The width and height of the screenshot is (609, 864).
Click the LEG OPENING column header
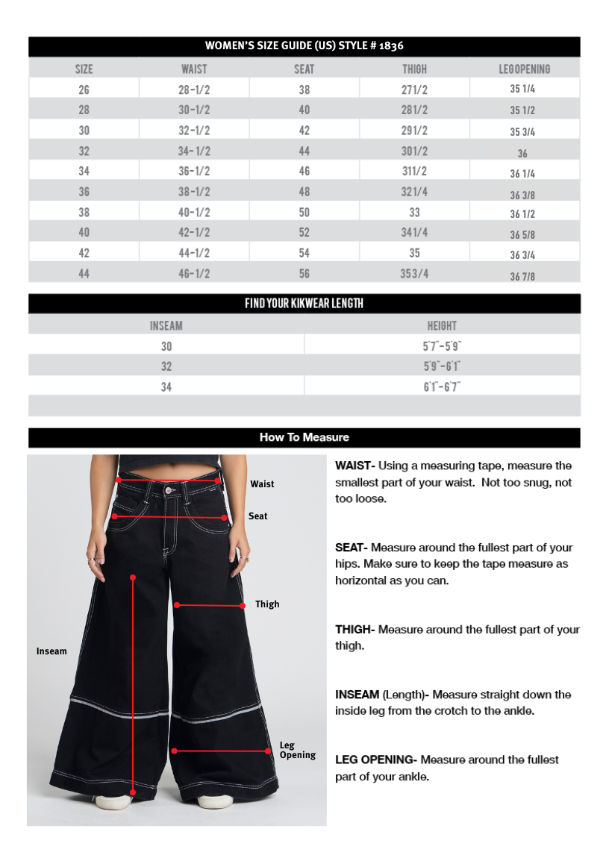pos(524,69)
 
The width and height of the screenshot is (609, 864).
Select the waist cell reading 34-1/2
pos(194,151)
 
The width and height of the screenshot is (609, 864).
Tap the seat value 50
pos(304,213)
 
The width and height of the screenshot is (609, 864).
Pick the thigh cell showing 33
pos(414,213)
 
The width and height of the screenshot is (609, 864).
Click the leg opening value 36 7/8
pos(522,276)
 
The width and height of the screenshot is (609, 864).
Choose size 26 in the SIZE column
pos(84,90)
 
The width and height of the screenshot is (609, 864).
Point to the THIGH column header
pos(414,69)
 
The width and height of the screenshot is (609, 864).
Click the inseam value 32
pos(166,366)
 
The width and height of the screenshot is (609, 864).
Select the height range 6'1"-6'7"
pos(442,386)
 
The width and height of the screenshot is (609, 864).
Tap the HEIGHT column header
pos(442,325)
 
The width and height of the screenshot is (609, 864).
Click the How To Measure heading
pos(304,437)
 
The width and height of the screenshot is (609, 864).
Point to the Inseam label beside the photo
pos(51,651)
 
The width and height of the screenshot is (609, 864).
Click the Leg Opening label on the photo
pos(297,750)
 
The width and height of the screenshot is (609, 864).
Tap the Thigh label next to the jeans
pos(267,604)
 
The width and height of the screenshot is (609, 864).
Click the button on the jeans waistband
pos(168,490)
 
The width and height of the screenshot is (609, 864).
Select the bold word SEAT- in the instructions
pos(352,548)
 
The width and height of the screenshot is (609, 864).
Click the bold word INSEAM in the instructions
pos(357,695)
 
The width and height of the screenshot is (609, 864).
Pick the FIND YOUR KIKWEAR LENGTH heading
pos(304,304)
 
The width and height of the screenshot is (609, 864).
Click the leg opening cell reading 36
pos(522,154)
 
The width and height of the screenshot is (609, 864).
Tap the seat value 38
pos(304,90)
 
